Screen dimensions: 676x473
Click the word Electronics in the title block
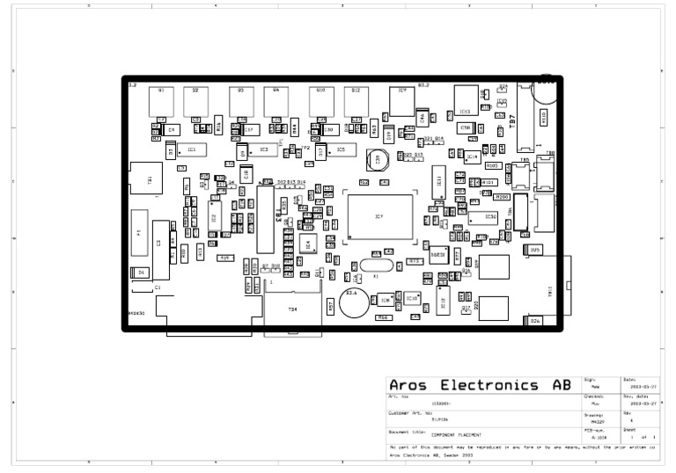489,386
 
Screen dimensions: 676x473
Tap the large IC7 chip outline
379,216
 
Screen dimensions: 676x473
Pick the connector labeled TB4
292,308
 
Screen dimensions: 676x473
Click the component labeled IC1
190,150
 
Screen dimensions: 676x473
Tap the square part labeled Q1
161,101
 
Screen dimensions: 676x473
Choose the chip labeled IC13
465,111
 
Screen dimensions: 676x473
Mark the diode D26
535,321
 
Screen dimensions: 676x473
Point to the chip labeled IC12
444,302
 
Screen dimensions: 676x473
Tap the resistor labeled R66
383,317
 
